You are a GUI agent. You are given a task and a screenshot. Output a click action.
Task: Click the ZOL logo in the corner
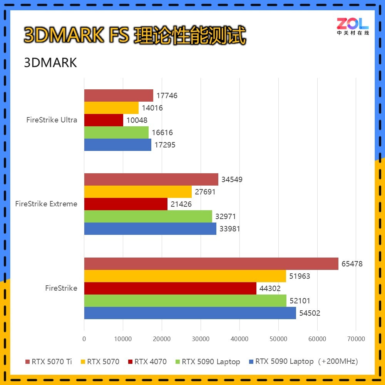point(353,27)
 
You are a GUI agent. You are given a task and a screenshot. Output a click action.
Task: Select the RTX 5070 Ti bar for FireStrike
point(211,264)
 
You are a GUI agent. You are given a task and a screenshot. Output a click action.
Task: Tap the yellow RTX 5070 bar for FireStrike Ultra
point(111,108)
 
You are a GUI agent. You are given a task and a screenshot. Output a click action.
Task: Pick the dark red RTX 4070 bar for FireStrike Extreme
point(126,204)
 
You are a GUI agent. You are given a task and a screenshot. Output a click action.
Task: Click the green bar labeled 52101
point(185,301)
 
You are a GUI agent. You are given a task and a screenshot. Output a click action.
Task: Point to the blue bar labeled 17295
point(117,145)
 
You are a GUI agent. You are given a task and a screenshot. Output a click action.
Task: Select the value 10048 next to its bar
point(137,120)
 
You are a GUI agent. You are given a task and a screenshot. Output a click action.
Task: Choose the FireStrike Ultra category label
point(52,120)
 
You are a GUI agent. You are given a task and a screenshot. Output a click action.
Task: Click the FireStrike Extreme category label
point(46,204)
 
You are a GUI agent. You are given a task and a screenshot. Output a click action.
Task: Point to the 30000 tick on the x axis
point(201,339)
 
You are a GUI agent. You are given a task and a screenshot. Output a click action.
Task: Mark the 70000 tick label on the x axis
point(356,339)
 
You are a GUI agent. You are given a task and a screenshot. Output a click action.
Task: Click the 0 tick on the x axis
point(84,339)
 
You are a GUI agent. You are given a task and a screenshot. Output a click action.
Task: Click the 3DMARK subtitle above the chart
point(50,62)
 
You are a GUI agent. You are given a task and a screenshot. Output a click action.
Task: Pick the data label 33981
point(229,229)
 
